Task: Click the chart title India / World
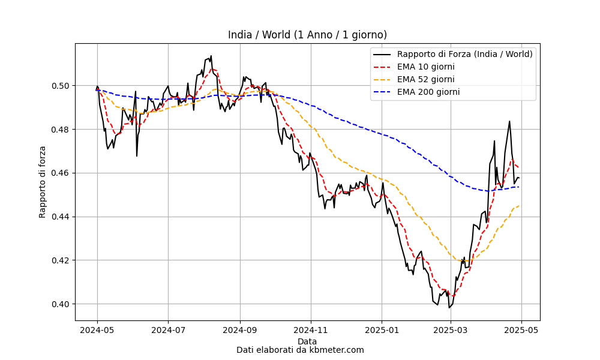tap(307, 35)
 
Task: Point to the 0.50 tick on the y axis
tap(61, 86)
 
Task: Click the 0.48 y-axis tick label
tap(61, 130)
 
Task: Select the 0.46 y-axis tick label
tap(61, 173)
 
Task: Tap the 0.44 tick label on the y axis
tap(61, 217)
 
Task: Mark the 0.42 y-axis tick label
tap(61, 260)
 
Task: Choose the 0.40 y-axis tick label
tap(61, 304)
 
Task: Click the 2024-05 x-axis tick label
tap(97, 330)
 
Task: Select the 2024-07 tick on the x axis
tap(169, 330)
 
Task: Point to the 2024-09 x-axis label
tap(241, 330)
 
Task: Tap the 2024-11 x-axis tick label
tap(311, 330)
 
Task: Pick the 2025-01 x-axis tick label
tap(382, 330)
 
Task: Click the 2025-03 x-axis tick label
tap(451, 330)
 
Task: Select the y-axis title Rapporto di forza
tap(42, 182)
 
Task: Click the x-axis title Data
tap(307, 341)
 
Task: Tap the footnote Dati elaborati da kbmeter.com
tap(300, 350)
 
